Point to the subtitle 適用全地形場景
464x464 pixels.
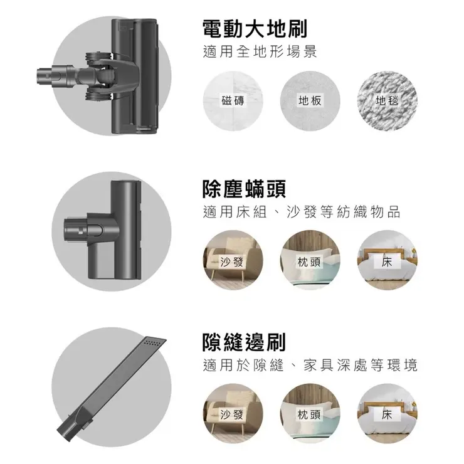(260, 53)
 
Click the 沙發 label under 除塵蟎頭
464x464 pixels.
(233, 261)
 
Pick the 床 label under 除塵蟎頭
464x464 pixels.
(387, 261)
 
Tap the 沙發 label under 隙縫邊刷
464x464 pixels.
(233, 414)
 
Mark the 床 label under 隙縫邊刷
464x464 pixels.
(387, 414)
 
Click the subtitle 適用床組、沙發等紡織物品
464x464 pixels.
(302, 212)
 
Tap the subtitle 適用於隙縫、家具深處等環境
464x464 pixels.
(310, 366)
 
